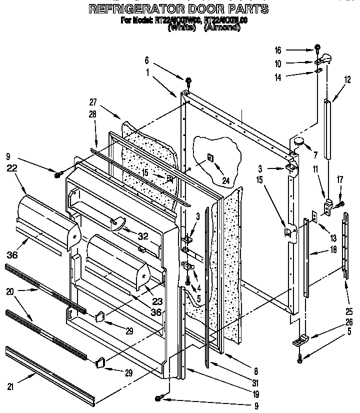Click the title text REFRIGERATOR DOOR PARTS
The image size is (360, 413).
178,9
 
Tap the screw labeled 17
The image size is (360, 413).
341,204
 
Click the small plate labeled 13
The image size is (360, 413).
313,215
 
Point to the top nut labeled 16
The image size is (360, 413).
317,48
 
